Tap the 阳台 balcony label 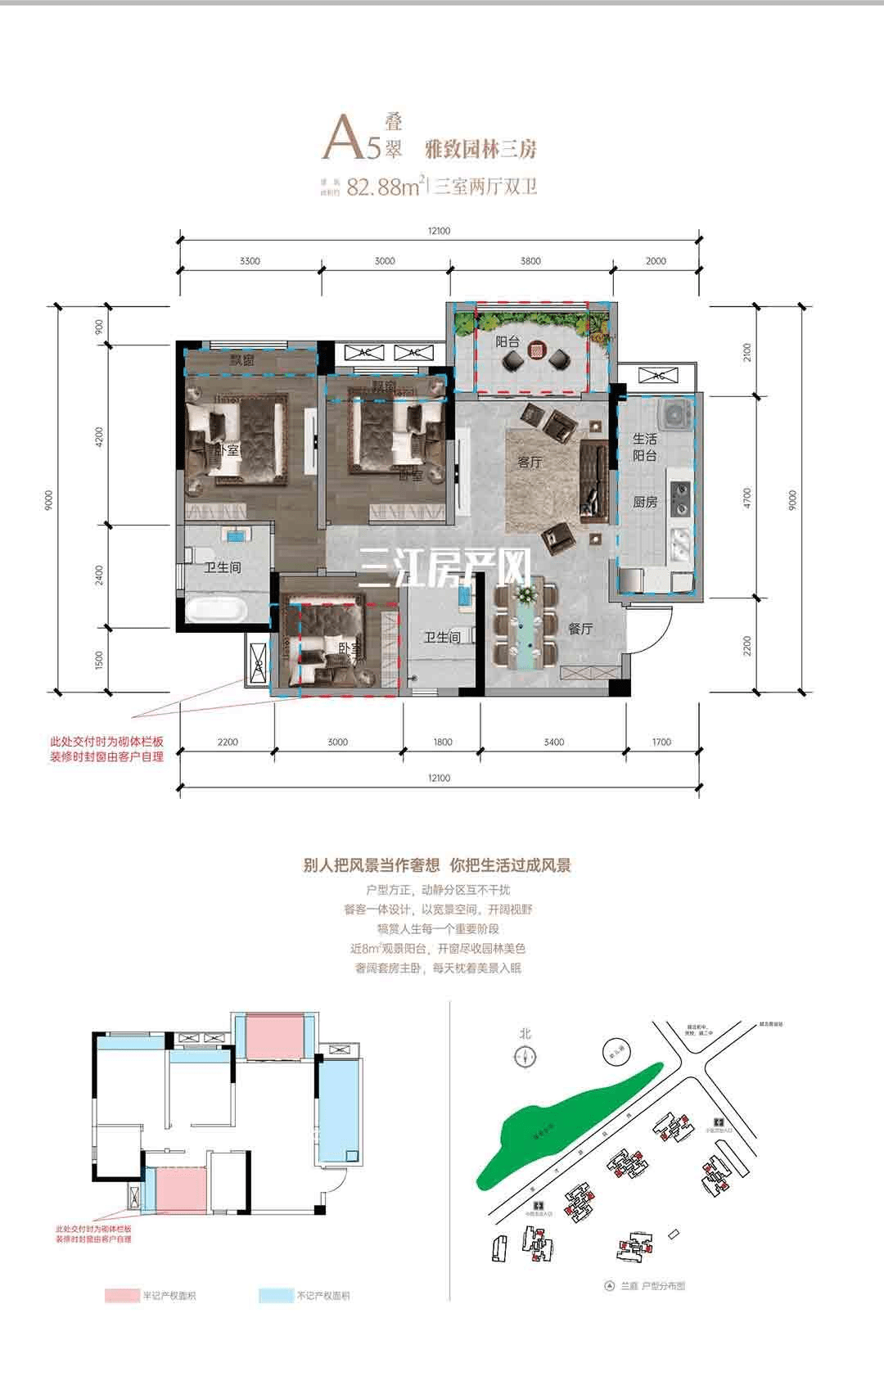(x=507, y=342)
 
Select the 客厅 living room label (x=530, y=463)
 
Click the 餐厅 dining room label (x=580, y=629)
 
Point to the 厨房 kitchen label (x=645, y=502)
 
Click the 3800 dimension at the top (x=530, y=261)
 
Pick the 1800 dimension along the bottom (x=442, y=742)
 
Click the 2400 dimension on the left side (x=99, y=575)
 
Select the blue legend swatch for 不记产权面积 (x=274, y=1296)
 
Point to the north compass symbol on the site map (x=525, y=1058)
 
